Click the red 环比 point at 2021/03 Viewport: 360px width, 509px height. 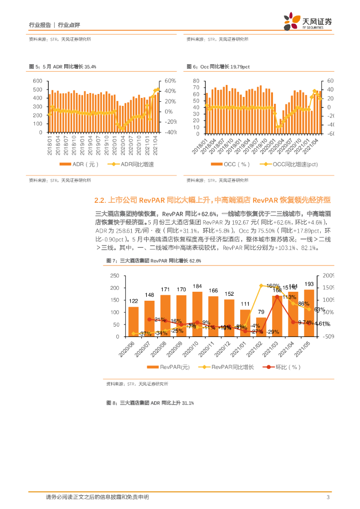(x=277, y=297)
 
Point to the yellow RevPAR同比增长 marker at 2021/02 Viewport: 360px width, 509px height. (x=261, y=286)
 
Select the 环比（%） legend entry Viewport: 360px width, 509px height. (x=283, y=367)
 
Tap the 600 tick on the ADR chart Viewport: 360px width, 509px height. (x=37, y=81)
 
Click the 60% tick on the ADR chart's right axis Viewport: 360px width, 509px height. (x=171, y=81)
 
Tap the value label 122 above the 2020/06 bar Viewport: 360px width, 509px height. (x=133, y=301)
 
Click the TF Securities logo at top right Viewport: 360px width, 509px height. (x=308, y=21)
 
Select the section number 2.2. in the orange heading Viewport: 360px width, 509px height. (x=101, y=200)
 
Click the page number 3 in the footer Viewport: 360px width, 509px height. (x=328, y=497)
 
